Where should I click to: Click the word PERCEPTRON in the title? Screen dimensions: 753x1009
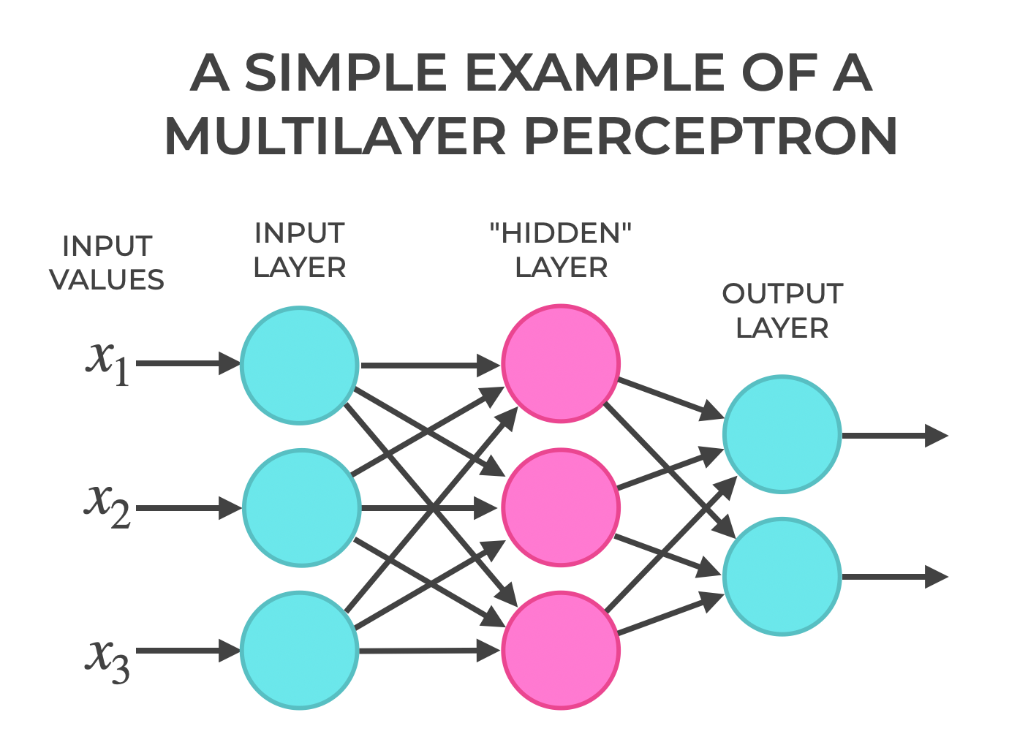coord(711,137)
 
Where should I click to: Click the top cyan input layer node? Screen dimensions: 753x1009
coord(300,365)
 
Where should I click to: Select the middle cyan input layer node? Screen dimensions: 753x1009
coord(301,507)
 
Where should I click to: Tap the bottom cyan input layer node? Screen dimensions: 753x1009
coord(300,650)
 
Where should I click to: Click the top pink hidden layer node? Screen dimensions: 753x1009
coord(561,363)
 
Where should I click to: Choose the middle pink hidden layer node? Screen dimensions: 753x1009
coord(561,507)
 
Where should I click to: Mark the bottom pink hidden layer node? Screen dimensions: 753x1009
coord(561,650)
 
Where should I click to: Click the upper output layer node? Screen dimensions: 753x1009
coord(782,434)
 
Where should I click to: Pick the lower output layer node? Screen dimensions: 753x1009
coord(782,576)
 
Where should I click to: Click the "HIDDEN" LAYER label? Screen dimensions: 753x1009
coord(561,251)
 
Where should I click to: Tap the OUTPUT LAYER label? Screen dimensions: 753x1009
coord(782,311)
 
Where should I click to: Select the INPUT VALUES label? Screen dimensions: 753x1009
coord(107,263)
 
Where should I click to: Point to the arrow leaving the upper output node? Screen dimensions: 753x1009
coord(895,436)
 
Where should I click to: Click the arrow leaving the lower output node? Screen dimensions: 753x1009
coord(895,577)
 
